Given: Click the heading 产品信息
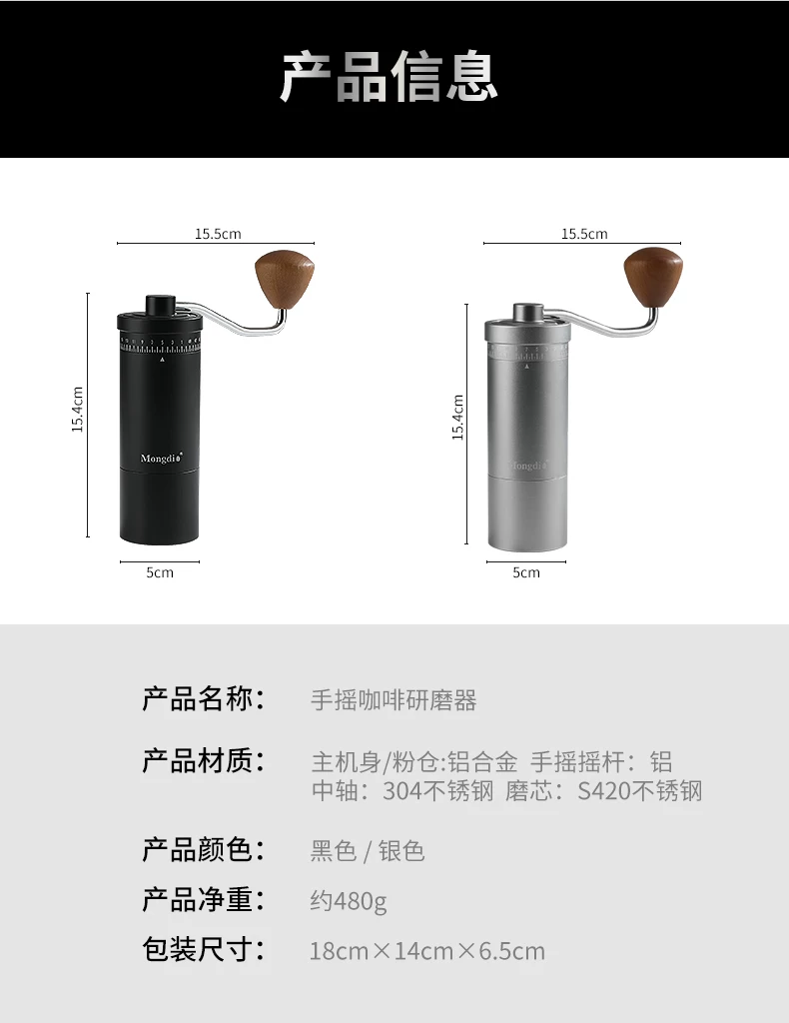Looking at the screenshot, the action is pos(390,78).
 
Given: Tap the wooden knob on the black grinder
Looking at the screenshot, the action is pos(285,279).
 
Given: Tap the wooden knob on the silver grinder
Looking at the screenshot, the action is pos(653,279).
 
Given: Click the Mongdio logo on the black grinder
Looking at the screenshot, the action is pos(161,458).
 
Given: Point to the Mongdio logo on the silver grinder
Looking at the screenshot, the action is pos(528,466).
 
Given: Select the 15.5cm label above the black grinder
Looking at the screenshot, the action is pos(218,234).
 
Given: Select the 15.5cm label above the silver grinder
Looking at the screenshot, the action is pos(584,234).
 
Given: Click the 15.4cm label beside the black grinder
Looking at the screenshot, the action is pos(78,410).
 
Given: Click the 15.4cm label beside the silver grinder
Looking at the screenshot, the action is pos(457,418).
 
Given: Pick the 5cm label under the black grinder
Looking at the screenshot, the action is pos(160,572).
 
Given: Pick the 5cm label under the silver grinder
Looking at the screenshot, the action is pos(526,572).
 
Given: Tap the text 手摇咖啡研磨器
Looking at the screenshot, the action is pos(394,700).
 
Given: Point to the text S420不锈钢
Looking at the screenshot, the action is pos(639,791).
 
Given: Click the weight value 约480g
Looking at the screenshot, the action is pos(349,901).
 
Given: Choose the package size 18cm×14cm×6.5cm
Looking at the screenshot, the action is pos(427,951).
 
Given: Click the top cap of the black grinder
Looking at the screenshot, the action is pos(161,305).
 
